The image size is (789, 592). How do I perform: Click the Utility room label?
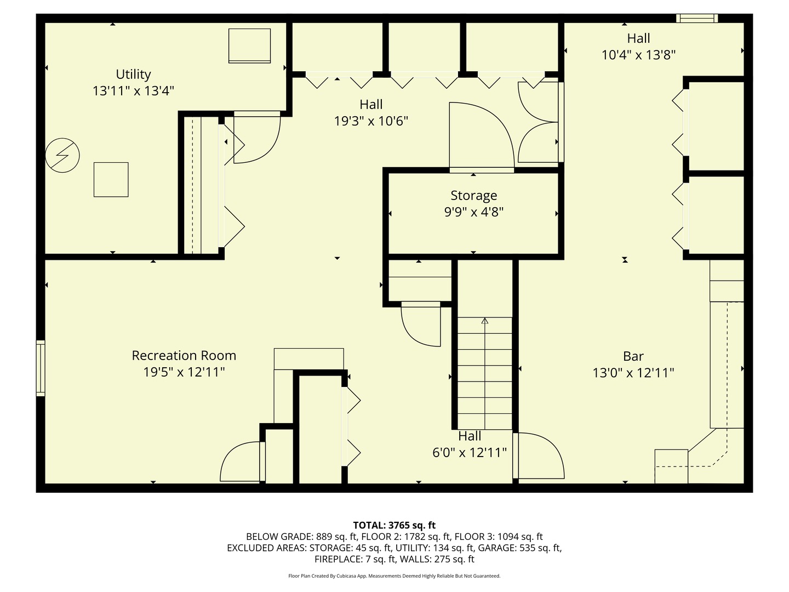pyautogui.click(x=133, y=74)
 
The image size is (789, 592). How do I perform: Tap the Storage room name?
pyautogui.click(x=473, y=196)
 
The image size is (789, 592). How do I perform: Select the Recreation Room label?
pyautogui.click(x=184, y=356)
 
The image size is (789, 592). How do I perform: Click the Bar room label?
pyautogui.click(x=633, y=356)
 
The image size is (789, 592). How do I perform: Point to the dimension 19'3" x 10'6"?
pyautogui.click(x=371, y=121)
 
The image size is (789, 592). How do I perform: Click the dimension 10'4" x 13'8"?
pyautogui.click(x=638, y=55)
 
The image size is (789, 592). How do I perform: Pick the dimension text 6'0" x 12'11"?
pyautogui.click(x=469, y=453)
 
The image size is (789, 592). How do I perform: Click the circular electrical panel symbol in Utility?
pyautogui.click(x=62, y=156)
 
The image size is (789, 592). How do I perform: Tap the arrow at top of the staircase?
pyautogui.click(x=484, y=321)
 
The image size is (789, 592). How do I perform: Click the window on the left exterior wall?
pyautogui.click(x=41, y=368)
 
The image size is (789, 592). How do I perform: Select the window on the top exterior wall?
pyautogui.click(x=696, y=19)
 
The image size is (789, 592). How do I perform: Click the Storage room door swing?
pyautogui.click(x=480, y=137)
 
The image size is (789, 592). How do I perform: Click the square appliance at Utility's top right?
pyautogui.click(x=249, y=45)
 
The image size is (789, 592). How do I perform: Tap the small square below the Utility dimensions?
pyautogui.click(x=111, y=179)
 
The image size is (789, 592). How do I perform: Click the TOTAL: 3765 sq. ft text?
pyautogui.click(x=394, y=525)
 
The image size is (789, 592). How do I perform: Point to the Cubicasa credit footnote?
pyautogui.click(x=394, y=576)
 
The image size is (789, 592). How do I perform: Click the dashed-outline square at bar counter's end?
pyautogui.click(x=671, y=466)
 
